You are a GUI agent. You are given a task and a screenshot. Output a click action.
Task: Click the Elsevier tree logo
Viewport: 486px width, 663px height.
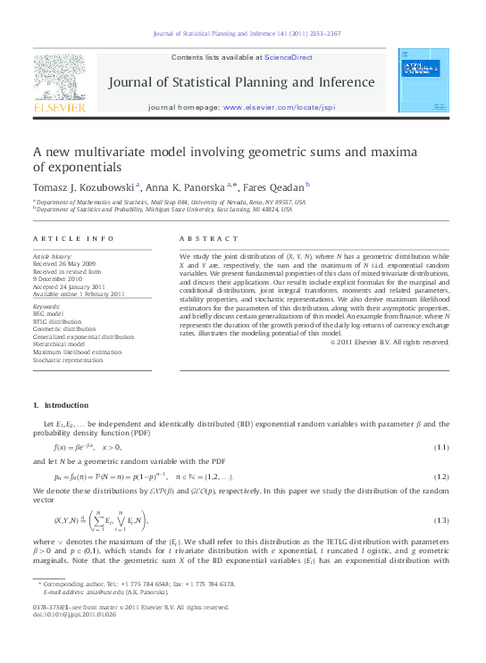(59, 77)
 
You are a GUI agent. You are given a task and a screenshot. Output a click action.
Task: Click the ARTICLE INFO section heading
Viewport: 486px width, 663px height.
(73, 239)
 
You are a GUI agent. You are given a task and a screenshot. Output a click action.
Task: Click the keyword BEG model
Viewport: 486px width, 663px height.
(48, 314)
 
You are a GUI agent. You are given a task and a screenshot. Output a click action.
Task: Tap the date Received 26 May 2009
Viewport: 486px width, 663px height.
(69, 264)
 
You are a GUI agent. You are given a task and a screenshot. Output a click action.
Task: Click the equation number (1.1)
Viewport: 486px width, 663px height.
(440, 446)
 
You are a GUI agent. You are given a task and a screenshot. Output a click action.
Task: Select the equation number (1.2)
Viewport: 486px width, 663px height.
(440, 477)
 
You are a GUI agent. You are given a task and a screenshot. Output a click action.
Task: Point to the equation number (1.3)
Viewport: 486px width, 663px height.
(440, 519)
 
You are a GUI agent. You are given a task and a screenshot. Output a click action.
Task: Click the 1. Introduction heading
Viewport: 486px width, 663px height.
(60, 405)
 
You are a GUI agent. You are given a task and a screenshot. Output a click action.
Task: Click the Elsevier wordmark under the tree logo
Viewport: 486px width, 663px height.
(59, 109)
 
